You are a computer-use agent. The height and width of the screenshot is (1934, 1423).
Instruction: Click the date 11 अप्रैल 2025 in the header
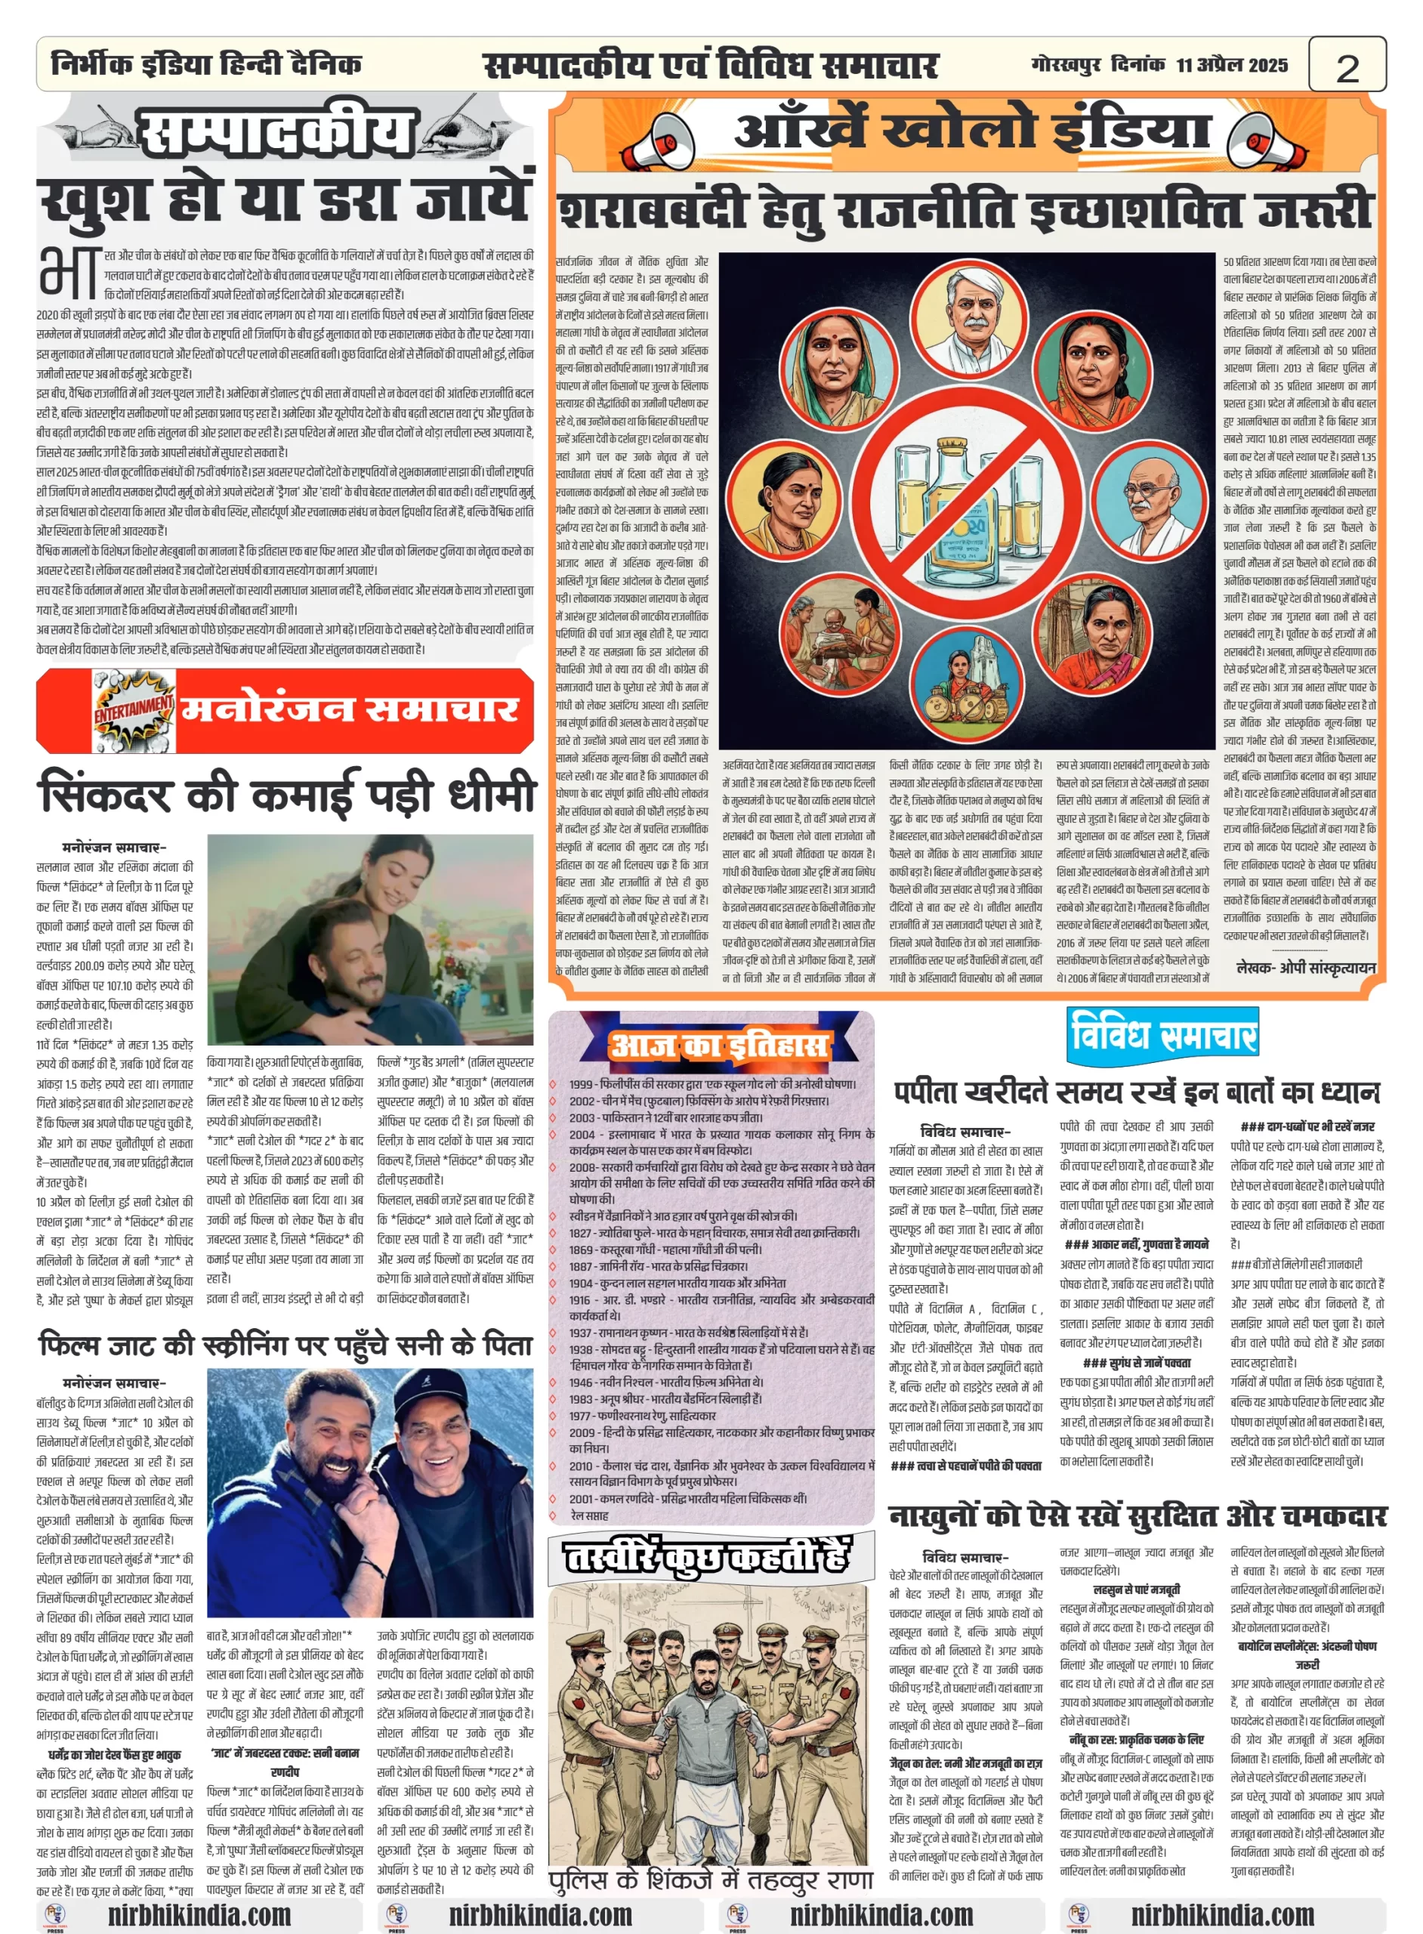tap(1232, 65)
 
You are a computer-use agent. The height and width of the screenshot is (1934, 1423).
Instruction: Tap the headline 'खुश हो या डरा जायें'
tap(284, 200)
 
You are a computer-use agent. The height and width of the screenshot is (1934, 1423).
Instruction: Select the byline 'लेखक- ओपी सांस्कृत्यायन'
tap(1305, 968)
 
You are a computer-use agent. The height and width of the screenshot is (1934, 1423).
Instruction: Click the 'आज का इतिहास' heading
tap(718, 1045)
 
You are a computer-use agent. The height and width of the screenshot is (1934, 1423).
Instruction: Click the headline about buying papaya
tap(1136, 1092)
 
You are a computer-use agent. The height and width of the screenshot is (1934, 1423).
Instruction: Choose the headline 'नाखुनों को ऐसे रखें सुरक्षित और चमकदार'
tap(1137, 1515)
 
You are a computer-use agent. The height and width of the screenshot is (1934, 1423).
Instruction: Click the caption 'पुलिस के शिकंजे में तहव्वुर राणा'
tap(711, 1877)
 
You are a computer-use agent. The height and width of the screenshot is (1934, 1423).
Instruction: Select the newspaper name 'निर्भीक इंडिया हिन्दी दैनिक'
tap(207, 65)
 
